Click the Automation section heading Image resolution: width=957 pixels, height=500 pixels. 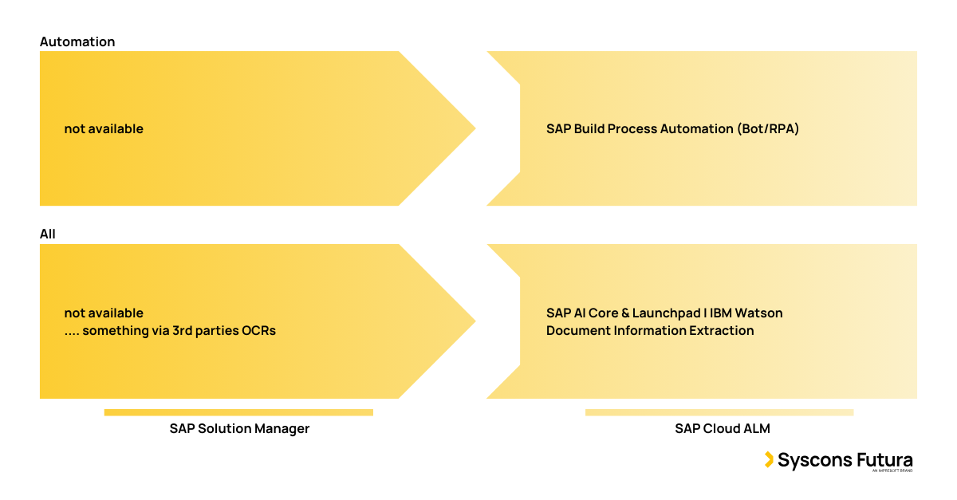coord(77,41)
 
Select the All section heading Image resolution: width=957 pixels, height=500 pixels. coord(48,234)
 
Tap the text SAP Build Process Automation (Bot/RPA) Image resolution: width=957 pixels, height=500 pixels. coord(672,128)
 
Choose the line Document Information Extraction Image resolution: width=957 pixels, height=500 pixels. coord(650,330)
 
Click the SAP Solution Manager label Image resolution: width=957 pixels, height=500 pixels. coord(239,428)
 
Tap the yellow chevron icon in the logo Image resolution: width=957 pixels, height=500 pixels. coord(769,459)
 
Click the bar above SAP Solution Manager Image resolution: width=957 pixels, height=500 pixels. coord(238,412)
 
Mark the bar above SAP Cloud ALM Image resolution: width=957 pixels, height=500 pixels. coord(719,412)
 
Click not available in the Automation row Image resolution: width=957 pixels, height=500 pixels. coord(104,128)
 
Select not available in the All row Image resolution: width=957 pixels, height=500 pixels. coord(104,313)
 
